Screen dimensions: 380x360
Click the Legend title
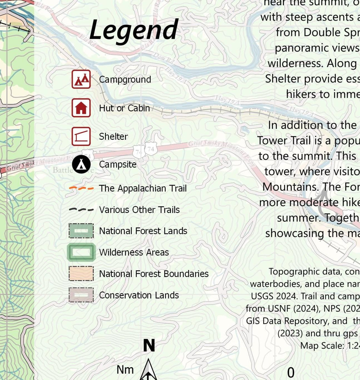(134, 30)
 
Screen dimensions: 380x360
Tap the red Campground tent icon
(81, 80)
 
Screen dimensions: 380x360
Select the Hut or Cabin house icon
(81, 108)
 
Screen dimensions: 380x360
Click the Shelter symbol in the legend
(81, 136)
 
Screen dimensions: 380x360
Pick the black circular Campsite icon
(81, 165)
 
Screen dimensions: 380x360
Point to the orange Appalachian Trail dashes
(81, 189)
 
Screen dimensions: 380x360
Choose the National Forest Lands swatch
(81, 231)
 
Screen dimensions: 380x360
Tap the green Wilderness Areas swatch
(81, 252)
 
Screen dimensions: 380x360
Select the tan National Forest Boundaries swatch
(81, 274)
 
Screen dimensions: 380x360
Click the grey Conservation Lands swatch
(81, 295)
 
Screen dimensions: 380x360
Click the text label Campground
(125, 80)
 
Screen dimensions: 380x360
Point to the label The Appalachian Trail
(143, 189)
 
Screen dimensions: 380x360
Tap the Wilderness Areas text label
(134, 252)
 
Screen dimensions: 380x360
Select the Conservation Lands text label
(139, 295)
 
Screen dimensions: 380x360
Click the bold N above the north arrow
(149, 346)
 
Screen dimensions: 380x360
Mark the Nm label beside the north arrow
(125, 370)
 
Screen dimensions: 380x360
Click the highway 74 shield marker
(151, 149)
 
